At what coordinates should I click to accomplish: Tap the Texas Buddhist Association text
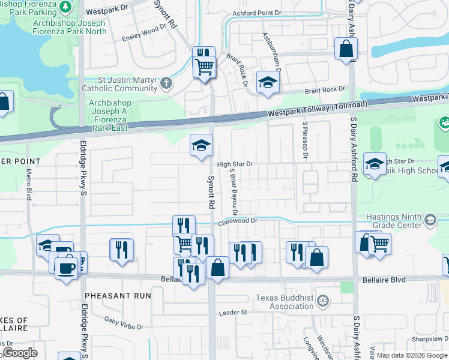pos(284,302)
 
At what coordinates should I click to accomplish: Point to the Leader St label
pos(233,313)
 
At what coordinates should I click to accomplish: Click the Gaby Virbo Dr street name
pos(124,323)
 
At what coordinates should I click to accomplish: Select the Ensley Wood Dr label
pos(144,32)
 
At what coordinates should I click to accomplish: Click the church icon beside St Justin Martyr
pos(166,84)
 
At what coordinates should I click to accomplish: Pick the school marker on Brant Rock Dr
pos(268,83)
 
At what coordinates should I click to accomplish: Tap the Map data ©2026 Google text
pos(411,355)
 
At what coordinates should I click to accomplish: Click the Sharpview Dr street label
pos(426,338)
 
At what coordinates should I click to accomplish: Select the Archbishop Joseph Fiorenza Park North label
pos(70,27)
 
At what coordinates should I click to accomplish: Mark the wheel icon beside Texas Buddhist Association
pos(323,301)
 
